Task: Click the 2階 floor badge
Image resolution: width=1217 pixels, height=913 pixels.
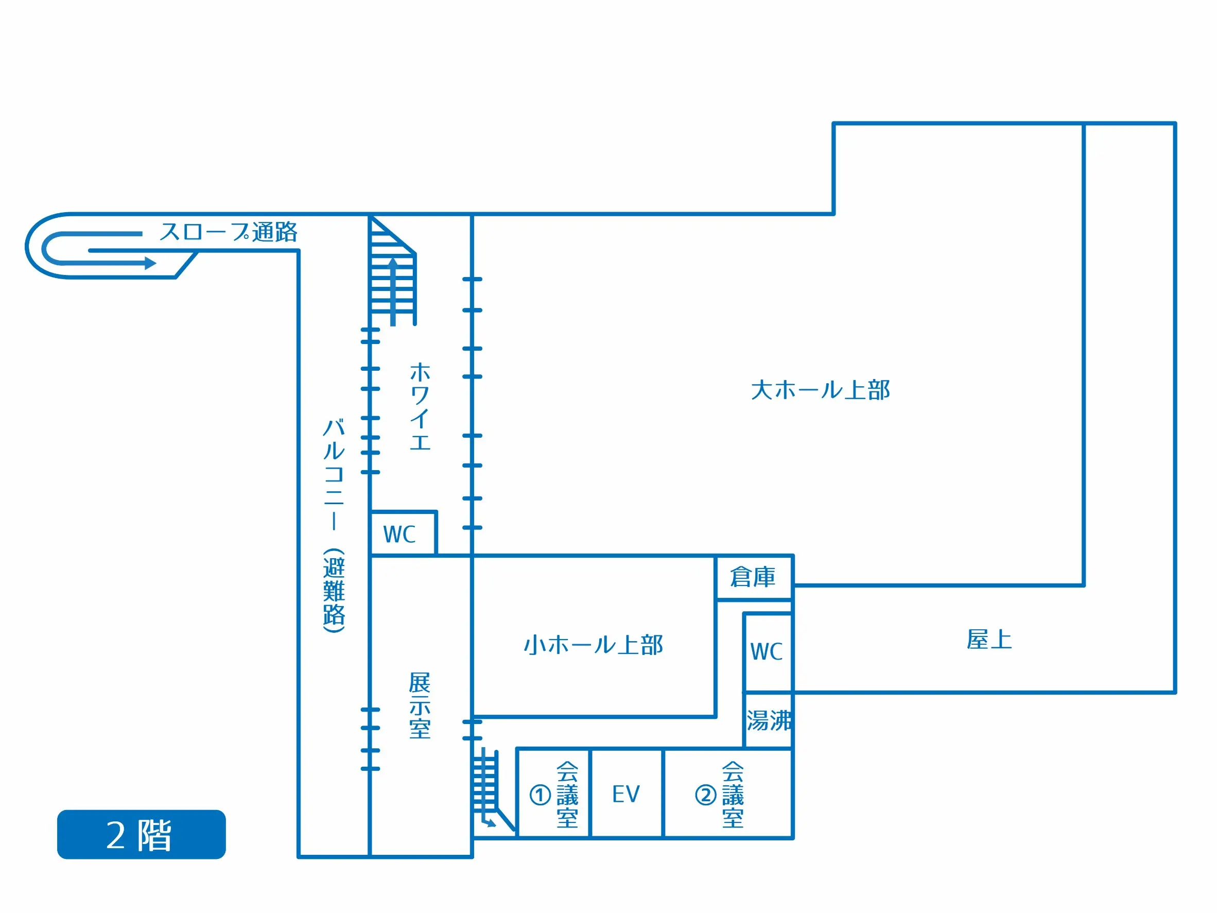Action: point(142,834)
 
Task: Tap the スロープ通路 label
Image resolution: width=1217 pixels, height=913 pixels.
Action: point(229,232)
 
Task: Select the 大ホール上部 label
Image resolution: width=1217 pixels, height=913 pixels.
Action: point(820,390)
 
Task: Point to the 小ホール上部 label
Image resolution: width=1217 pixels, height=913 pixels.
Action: point(593,644)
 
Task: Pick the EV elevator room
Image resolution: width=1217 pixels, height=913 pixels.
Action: point(626,793)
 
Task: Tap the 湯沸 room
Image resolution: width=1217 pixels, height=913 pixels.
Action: point(769,720)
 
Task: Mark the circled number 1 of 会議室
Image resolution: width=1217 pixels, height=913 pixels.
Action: point(540,795)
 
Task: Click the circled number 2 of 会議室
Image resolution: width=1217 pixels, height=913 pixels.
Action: point(705,795)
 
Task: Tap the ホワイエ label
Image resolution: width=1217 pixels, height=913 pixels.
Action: point(420,406)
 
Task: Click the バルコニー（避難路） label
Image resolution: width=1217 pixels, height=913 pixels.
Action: point(334,526)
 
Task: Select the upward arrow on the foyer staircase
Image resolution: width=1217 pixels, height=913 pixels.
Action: point(393,291)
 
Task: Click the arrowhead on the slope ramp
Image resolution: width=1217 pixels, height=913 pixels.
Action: point(150,263)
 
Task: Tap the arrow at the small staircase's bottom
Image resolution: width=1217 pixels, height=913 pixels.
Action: point(488,822)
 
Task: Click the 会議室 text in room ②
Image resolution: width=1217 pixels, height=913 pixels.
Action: point(733,794)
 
